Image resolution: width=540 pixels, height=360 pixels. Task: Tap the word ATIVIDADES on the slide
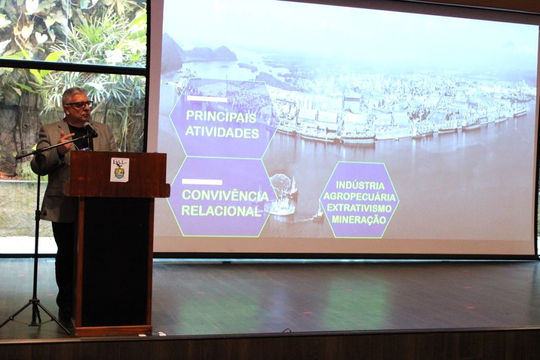click(x=223, y=133)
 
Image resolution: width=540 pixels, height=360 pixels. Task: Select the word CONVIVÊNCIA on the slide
click(x=225, y=196)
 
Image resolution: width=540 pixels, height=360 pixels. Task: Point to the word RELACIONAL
click(x=221, y=211)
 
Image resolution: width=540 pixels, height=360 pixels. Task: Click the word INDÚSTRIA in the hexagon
click(x=360, y=185)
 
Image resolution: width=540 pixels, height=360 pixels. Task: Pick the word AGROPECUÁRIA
click(x=360, y=197)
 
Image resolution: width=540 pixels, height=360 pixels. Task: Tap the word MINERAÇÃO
click(x=360, y=219)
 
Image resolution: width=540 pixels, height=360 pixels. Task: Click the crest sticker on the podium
click(x=120, y=170)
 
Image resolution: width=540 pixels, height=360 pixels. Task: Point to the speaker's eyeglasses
click(x=80, y=104)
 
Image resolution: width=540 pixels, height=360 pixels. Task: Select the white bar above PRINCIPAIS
click(x=207, y=99)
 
